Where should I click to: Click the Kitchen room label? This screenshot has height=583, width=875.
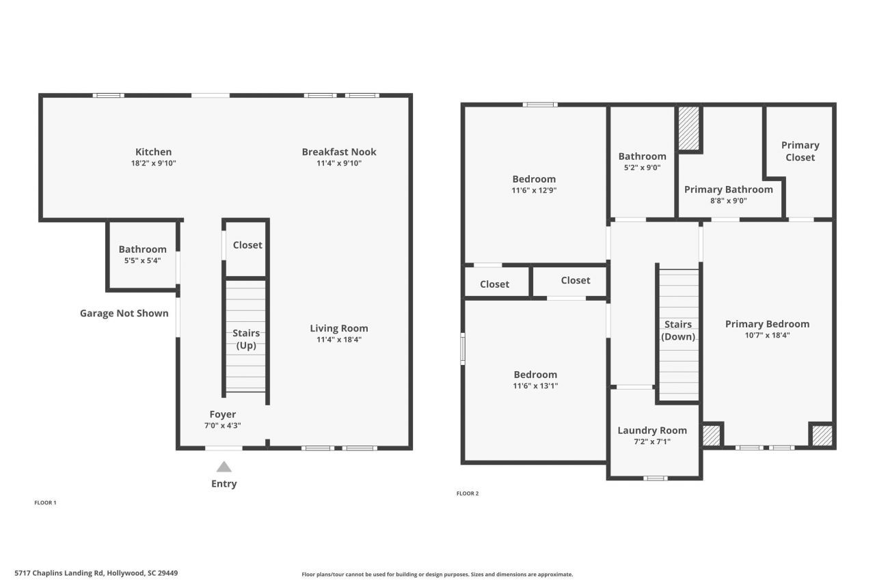click(153, 152)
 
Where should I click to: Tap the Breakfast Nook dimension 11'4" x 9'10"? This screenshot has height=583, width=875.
click(338, 163)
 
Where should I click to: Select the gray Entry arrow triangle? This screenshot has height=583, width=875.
click(224, 467)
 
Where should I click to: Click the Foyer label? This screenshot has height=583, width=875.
click(222, 414)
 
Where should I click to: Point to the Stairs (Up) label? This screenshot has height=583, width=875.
click(246, 339)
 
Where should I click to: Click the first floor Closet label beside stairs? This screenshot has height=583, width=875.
click(247, 245)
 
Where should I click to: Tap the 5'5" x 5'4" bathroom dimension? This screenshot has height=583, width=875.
click(142, 260)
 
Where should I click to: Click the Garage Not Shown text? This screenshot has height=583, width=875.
click(124, 313)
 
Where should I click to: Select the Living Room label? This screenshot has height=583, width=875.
click(338, 328)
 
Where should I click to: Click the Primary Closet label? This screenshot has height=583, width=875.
click(800, 151)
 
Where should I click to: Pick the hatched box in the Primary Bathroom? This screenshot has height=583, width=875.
click(688, 128)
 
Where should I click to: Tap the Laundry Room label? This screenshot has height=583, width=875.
click(652, 430)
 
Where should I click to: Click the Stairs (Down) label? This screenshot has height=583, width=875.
click(678, 330)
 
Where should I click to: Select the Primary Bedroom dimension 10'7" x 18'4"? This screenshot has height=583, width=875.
click(767, 335)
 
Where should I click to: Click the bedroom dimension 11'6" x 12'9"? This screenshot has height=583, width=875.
click(534, 191)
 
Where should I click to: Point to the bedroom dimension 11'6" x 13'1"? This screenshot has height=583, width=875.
click(535, 385)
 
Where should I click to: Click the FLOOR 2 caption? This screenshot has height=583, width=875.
click(467, 493)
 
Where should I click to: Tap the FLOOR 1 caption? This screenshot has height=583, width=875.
click(45, 502)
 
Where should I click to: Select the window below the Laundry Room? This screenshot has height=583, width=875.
click(655, 478)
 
